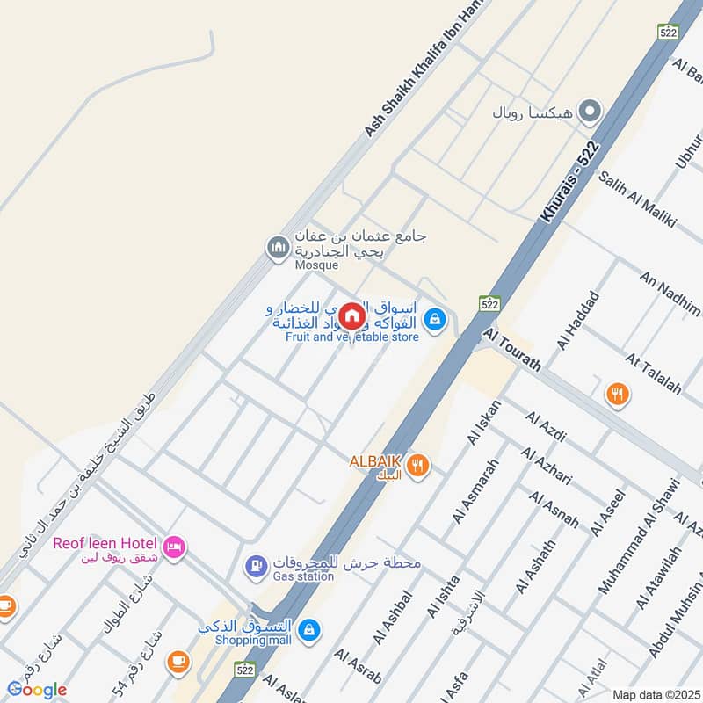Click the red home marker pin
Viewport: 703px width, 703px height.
coord(351,316)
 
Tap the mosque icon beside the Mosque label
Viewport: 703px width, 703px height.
coord(278,248)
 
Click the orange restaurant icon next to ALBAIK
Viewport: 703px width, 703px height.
coord(417,467)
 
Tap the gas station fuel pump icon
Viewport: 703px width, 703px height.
coord(255,567)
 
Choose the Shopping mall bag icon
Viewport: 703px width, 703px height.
coord(308,629)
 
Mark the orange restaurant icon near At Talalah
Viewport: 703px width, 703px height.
coord(618,395)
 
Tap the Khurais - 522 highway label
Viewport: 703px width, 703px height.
coord(570,182)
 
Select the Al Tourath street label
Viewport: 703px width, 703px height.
coord(512,349)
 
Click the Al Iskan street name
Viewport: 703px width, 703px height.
coord(484,422)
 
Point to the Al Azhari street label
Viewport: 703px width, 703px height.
coord(546,466)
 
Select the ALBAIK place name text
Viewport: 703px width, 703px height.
coord(375,461)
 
